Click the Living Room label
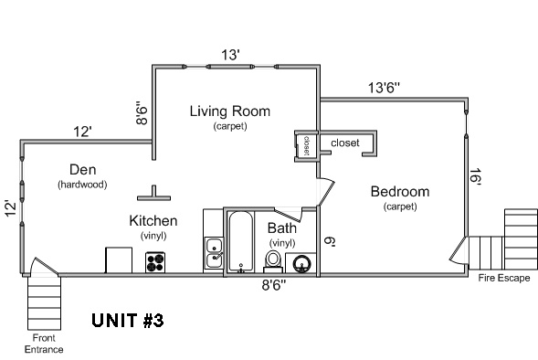tap(230, 111)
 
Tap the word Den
tap(82, 169)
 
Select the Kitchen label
tap(153, 221)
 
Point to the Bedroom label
tap(399, 192)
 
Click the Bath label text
tap(281, 228)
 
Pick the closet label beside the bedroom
tap(345, 143)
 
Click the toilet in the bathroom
tap(272, 260)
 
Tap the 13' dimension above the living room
tap(230, 55)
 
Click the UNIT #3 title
tap(128, 322)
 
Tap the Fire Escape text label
tap(503, 277)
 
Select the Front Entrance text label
tap(44, 343)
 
